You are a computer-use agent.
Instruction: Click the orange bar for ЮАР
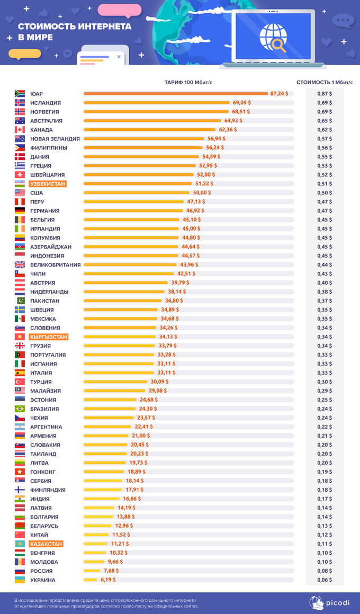click(x=175, y=94)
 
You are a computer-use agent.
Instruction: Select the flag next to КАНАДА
click(x=20, y=130)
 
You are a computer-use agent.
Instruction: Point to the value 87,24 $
click(x=279, y=93)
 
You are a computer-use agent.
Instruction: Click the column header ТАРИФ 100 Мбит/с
click(x=192, y=82)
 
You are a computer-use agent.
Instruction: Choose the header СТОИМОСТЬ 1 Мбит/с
click(x=325, y=82)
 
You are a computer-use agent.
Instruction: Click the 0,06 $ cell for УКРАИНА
click(x=325, y=580)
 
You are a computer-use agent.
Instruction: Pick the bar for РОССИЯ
click(x=91, y=571)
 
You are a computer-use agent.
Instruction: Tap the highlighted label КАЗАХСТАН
click(x=47, y=544)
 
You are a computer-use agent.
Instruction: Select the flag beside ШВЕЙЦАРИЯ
click(x=20, y=175)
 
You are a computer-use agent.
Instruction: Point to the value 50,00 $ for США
click(x=202, y=193)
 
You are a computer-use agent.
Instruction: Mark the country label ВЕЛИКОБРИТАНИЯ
click(x=56, y=265)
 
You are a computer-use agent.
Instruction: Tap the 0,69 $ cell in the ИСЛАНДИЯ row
click(x=325, y=103)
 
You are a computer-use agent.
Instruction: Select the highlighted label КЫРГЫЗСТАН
click(x=49, y=337)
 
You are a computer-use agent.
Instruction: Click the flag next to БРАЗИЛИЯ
click(x=20, y=409)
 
